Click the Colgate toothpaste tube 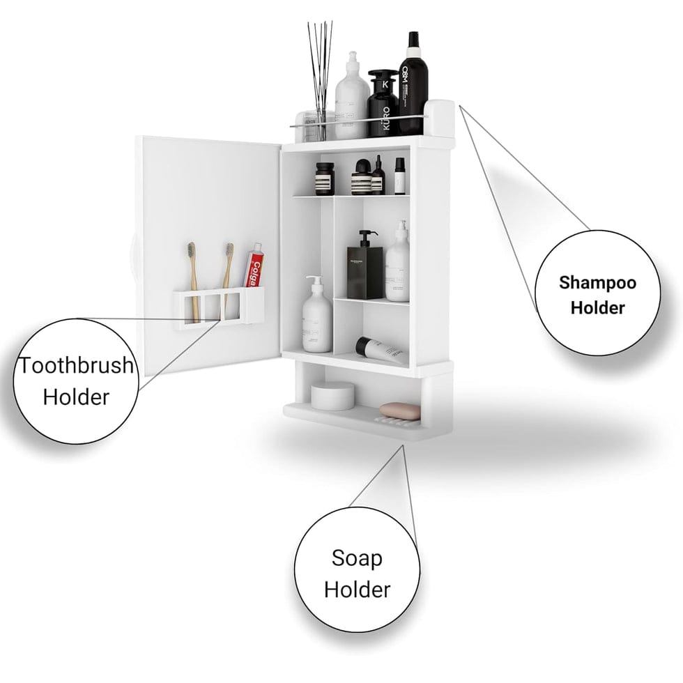pyautogui.click(x=254, y=266)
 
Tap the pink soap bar pyautogui.click(x=400, y=411)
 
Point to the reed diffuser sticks pyautogui.click(x=321, y=63)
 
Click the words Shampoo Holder pyautogui.click(x=597, y=294)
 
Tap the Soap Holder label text pyautogui.click(x=357, y=573)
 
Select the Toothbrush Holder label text pyautogui.click(x=75, y=381)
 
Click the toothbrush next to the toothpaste pyautogui.click(x=228, y=279)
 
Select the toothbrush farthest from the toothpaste pyautogui.click(x=193, y=279)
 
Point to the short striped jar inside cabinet pyautogui.click(x=324, y=179)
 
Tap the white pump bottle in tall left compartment pyautogui.click(x=317, y=318)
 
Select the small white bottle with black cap pyautogui.click(x=399, y=176)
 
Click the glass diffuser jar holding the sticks pyautogui.click(x=319, y=124)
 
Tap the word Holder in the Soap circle pyautogui.click(x=357, y=589)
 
